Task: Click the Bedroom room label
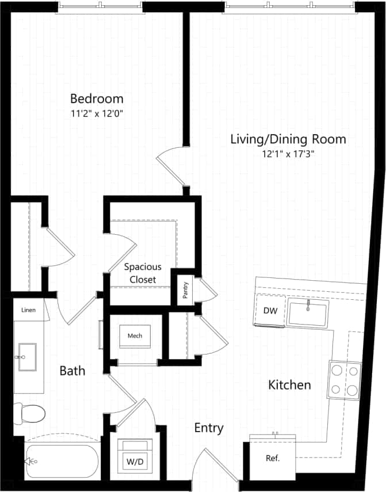[97, 98]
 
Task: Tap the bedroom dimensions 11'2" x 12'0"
[97, 113]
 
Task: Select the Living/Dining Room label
[288, 139]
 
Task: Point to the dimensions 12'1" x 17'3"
[288, 154]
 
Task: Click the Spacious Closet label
[143, 273]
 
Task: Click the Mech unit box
[135, 335]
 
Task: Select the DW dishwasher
[270, 311]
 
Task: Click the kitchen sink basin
[308, 313]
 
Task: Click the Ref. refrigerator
[273, 459]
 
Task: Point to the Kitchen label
[290, 384]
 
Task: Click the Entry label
[209, 428]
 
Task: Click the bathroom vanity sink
[27, 357]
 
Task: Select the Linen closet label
[28, 310]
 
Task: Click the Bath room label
[72, 371]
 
